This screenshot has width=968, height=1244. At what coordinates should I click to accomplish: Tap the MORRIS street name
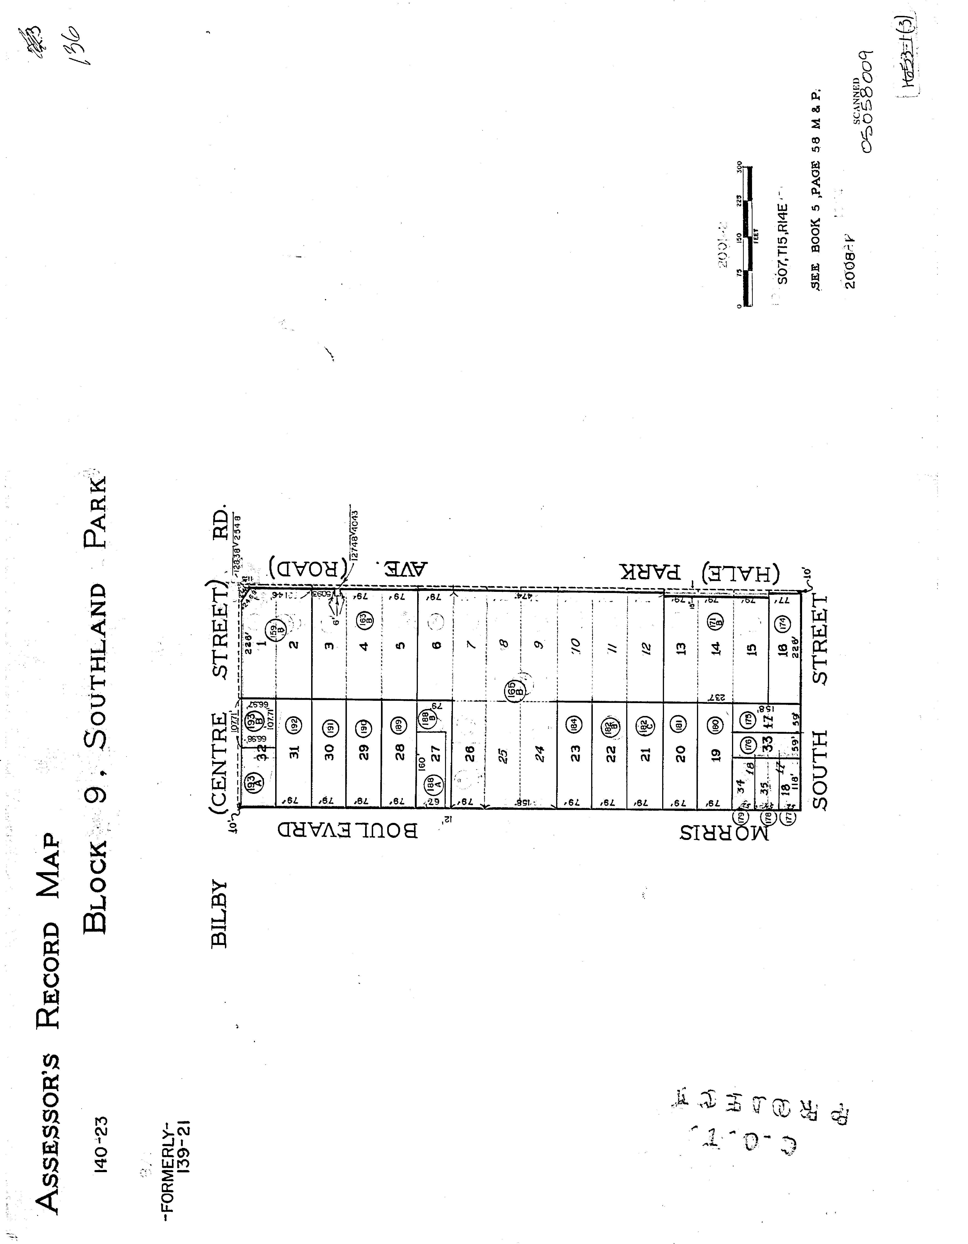click(723, 833)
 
